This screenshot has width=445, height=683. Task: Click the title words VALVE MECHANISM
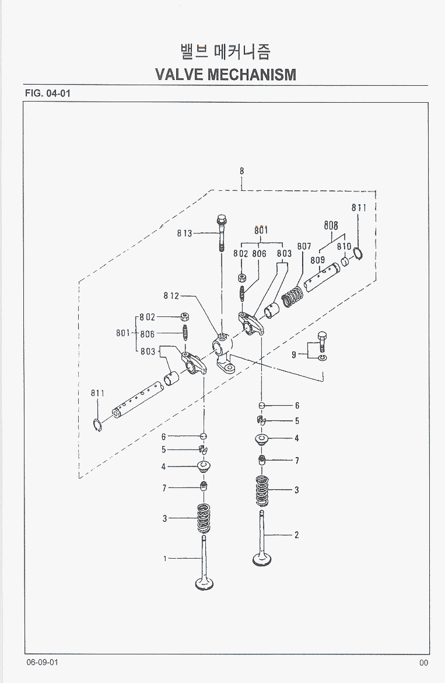226,74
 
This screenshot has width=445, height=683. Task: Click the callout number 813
185,234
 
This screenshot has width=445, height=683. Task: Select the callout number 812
171,296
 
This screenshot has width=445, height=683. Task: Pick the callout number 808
331,225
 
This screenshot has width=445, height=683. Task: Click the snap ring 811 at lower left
98,425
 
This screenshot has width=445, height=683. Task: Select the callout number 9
294,354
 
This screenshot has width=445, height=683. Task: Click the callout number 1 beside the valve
165,559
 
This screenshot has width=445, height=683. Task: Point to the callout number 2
297,535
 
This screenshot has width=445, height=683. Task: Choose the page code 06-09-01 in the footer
42,662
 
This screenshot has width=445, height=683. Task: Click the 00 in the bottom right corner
423,663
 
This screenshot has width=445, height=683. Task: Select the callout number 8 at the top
241,171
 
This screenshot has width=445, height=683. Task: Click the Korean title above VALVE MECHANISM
225,52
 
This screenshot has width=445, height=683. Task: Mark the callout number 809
317,260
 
